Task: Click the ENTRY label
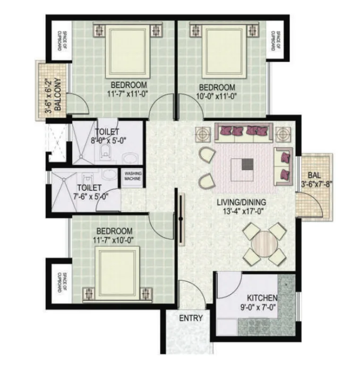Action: [x=191, y=318]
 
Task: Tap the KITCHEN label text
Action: [x=262, y=298]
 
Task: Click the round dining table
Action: [x=265, y=243]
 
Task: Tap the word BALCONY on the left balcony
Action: [x=58, y=95]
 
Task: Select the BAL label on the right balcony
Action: [x=314, y=175]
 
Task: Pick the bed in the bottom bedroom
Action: [x=117, y=275]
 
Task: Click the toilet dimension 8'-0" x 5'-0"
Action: [x=109, y=140]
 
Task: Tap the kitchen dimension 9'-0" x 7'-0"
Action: [x=258, y=308]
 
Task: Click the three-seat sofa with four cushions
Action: [x=244, y=133]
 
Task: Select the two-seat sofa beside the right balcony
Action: [x=283, y=166]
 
